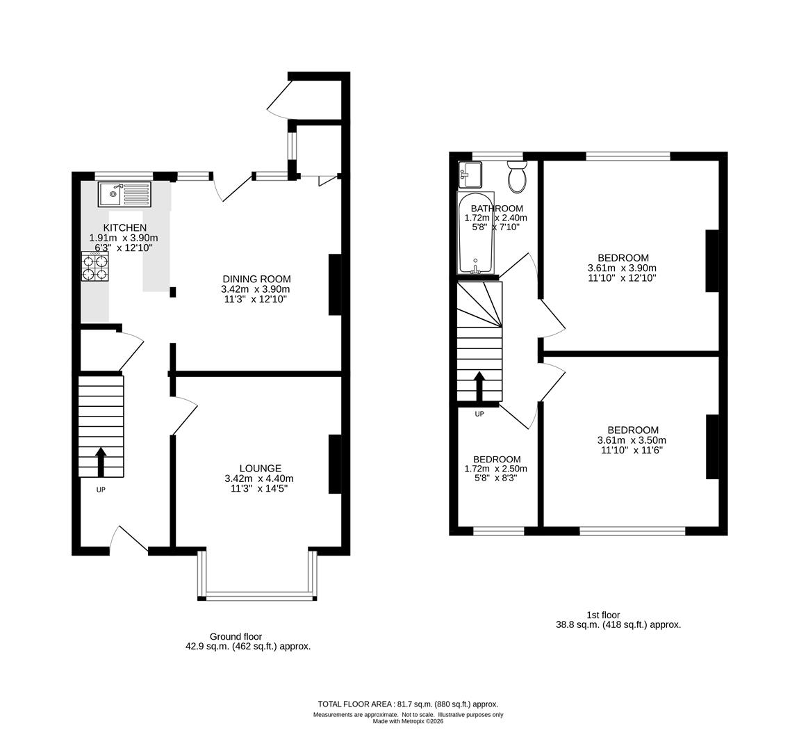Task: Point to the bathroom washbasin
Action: point(470,174)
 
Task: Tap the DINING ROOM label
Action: point(256,279)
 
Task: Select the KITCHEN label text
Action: point(125,227)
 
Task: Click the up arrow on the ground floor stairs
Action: point(101,462)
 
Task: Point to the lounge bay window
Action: point(258,595)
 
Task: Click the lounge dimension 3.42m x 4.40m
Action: point(259,478)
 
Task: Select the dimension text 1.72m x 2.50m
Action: point(496,469)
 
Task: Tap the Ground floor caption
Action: point(236,636)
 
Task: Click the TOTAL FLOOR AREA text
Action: point(408,704)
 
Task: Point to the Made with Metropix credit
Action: point(408,721)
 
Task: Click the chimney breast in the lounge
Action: point(335,465)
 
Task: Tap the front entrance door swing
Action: point(129,540)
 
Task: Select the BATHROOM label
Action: point(496,208)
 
